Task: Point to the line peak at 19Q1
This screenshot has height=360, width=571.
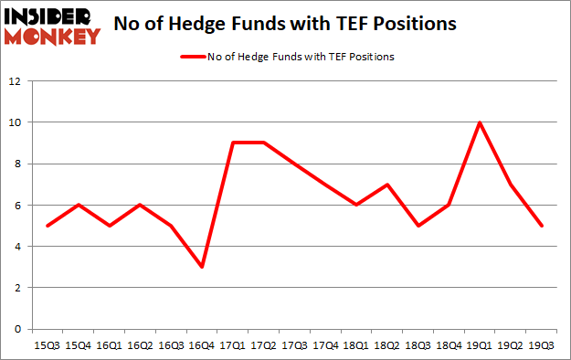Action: coord(481,122)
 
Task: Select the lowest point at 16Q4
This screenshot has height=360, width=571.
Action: coord(202,267)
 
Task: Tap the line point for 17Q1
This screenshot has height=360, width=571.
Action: coord(233,143)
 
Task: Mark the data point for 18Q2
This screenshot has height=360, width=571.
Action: coord(388,185)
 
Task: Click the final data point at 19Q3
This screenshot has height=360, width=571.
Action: coord(543,226)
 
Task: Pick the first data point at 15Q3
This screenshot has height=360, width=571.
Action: coord(47,226)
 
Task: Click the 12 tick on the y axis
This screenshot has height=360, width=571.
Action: coord(15,81)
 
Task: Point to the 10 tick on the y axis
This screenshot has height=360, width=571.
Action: coord(15,122)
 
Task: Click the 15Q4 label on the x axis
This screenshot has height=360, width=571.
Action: coord(78,347)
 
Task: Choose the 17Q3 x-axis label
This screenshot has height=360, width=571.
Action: coord(295,347)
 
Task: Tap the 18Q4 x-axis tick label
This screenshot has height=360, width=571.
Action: coord(449,347)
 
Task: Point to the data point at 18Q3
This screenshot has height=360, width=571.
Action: coord(418,226)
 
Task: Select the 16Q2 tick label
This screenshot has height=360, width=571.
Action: coord(140,347)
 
